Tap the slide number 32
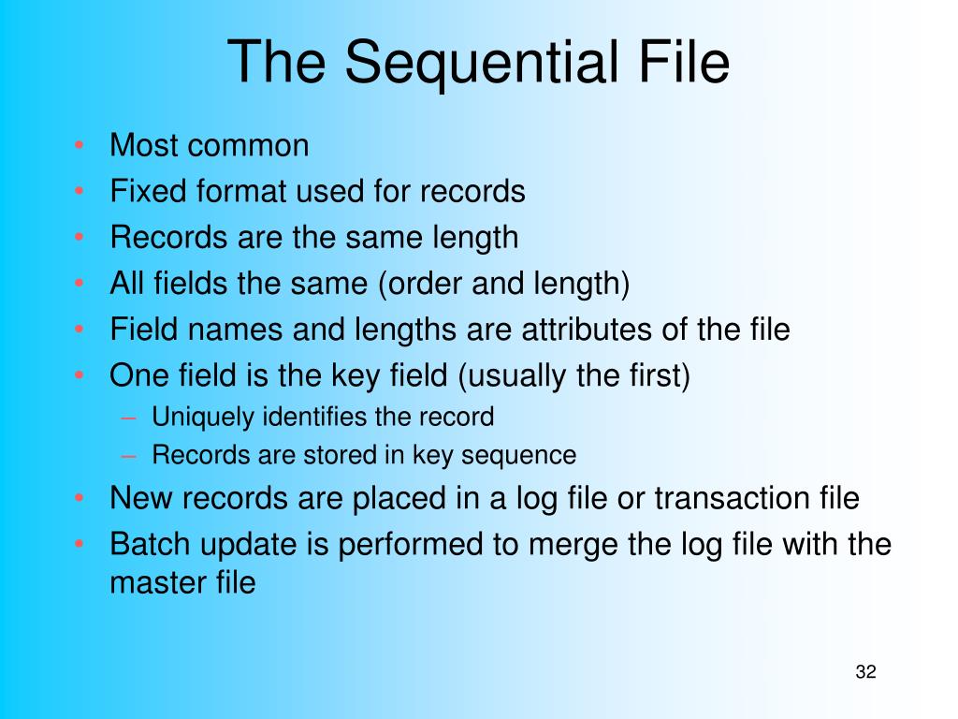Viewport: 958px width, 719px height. click(x=865, y=672)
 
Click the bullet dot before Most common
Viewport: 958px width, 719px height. click(x=79, y=145)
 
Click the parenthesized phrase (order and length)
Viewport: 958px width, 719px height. click(x=504, y=285)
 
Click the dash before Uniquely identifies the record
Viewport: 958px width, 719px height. click(x=128, y=418)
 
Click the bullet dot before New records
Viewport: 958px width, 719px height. click(x=79, y=498)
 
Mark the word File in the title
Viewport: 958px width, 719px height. click(x=684, y=62)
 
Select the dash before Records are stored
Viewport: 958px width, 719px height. click(x=128, y=456)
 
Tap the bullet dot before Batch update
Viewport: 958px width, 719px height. click(x=79, y=544)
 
